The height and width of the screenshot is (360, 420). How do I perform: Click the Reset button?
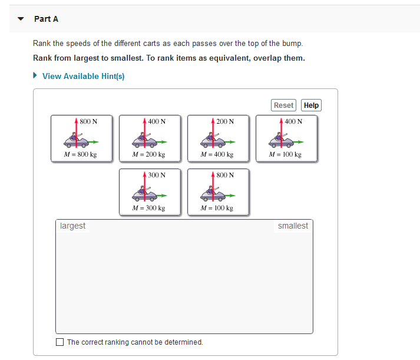(x=283, y=105)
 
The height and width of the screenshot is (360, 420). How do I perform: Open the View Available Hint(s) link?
(x=83, y=76)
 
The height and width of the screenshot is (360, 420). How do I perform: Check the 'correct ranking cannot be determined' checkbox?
(x=59, y=342)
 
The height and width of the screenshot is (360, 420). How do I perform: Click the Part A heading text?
(x=46, y=19)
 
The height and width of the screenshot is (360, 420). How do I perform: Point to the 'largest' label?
(x=72, y=226)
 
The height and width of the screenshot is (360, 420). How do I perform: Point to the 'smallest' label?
(x=293, y=226)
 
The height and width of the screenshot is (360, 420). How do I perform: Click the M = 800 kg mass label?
(x=80, y=155)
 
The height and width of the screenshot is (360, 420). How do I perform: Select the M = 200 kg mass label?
(x=148, y=155)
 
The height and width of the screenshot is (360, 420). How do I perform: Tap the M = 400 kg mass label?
(x=217, y=155)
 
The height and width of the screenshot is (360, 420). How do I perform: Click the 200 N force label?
(x=225, y=121)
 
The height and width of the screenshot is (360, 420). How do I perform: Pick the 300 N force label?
(x=157, y=175)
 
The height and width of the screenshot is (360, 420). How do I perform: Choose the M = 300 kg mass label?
(x=148, y=208)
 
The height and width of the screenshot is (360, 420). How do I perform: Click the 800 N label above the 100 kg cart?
(x=225, y=175)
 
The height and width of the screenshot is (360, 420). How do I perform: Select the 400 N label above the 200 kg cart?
(x=157, y=121)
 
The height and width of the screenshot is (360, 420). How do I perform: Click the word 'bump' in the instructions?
(x=292, y=44)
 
